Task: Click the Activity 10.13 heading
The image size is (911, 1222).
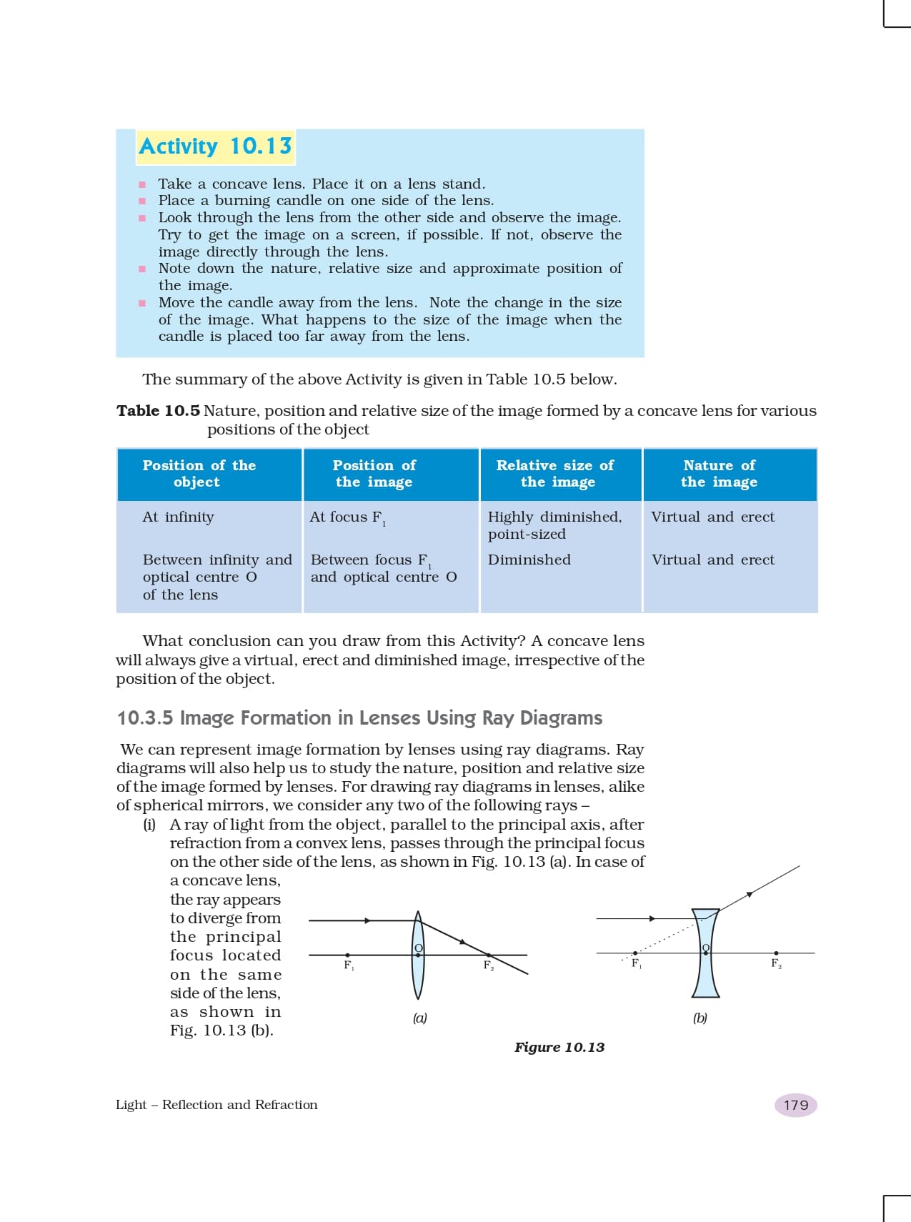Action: [215, 146]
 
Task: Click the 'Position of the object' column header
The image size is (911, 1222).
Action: [199, 474]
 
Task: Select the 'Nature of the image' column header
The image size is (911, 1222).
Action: [719, 474]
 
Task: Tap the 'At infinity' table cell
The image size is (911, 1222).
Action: [178, 517]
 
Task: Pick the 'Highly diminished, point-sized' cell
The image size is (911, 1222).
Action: [554, 525]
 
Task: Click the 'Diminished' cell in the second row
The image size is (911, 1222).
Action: [529, 560]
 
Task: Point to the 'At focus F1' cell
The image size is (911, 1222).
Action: [347, 517]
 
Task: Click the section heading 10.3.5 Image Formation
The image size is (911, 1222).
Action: [359, 717]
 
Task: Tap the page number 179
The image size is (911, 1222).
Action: [795, 1105]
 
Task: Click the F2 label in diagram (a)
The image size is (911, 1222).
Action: [489, 965]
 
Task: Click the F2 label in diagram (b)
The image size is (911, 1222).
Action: [776, 963]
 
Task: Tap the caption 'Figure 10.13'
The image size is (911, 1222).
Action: [559, 1047]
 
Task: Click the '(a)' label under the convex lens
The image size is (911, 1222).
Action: [420, 1018]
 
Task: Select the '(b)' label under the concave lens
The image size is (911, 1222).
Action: [700, 1018]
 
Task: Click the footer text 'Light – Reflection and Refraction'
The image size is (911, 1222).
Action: [216, 1105]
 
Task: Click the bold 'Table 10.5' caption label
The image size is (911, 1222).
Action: [158, 411]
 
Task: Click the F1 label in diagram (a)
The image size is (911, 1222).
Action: [349, 965]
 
